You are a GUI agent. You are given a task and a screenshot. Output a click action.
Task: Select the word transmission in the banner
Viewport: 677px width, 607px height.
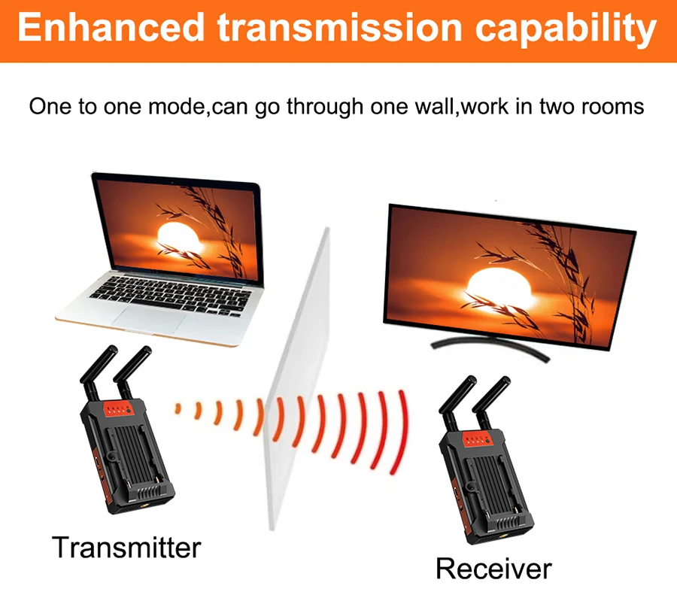pos(339,28)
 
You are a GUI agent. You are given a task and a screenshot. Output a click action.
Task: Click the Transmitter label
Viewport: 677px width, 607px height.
pos(126,547)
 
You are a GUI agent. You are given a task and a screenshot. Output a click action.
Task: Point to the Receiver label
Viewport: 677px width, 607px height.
pos(493,568)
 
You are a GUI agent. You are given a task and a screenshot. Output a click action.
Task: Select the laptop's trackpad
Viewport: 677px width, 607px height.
pos(149,320)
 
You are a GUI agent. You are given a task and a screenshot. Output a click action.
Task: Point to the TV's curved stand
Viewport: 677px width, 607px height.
pos(490,347)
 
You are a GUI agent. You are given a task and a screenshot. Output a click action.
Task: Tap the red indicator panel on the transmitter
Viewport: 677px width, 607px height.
pos(117,410)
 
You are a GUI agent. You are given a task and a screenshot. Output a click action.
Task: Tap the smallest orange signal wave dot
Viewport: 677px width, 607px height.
pos(177,408)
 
